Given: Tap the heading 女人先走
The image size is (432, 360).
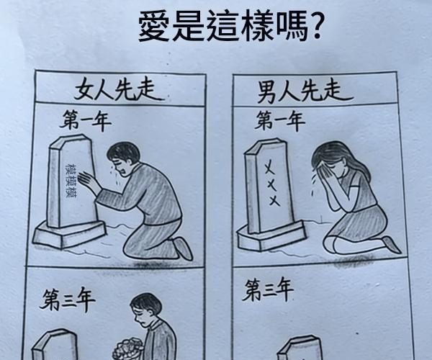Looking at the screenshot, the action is tap(119, 90).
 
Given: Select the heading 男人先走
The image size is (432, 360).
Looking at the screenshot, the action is tap(304, 91).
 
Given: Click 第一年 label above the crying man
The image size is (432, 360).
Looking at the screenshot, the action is tap(86, 121).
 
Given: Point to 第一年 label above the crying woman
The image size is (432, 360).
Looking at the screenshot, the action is tap(279, 121).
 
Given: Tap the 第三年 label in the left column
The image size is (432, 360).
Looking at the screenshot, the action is tap(67, 299).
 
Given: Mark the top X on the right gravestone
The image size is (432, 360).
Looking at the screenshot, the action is tap(269, 168).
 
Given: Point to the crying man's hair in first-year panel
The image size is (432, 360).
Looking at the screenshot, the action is tap(123, 152).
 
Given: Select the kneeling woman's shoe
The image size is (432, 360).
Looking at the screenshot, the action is tap(391, 244).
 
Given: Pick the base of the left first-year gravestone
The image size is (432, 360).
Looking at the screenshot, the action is tap(69, 235).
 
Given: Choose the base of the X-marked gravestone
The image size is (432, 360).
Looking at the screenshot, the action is tap(271, 238).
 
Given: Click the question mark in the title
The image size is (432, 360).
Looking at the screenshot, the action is tap(315, 24).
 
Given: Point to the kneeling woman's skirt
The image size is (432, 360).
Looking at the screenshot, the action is tap(358, 226).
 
